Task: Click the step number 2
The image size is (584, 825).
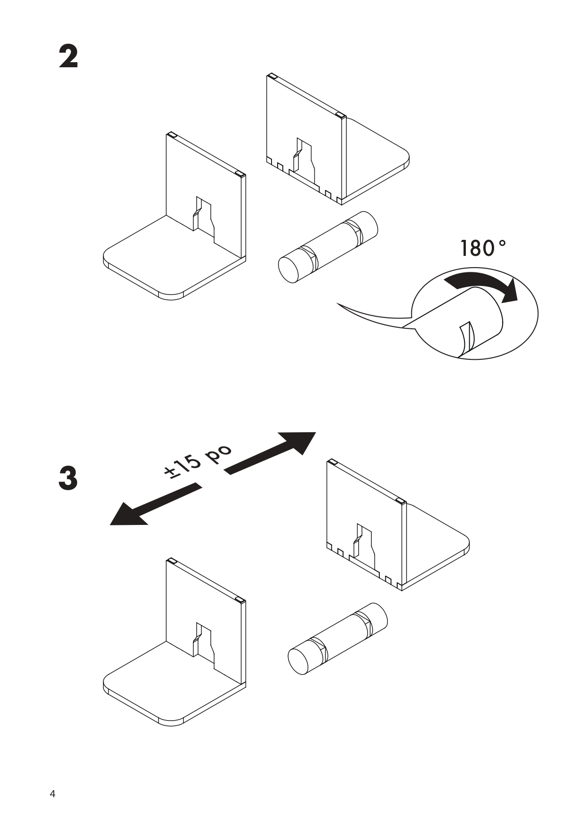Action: point(68,57)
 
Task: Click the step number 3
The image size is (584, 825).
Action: point(68,478)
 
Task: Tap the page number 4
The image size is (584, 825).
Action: point(52,794)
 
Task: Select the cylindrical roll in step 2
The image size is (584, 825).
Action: point(328,246)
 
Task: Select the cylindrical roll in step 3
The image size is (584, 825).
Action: point(337,638)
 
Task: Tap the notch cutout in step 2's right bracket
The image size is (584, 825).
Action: point(304,160)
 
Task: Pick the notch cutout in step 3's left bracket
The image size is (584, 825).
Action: point(204,646)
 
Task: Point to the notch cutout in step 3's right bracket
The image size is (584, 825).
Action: point(364,546)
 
